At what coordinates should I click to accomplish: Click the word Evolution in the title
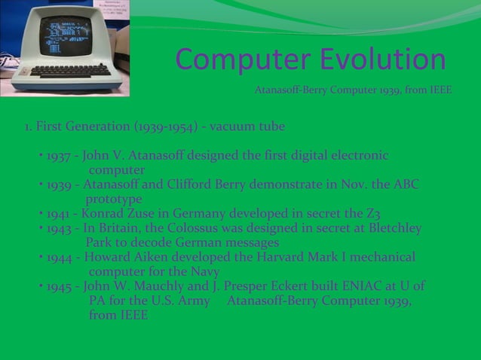tap(382, 60)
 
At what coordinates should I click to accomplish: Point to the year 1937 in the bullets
tap(59, 156)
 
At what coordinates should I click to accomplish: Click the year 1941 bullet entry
tap(59, 214)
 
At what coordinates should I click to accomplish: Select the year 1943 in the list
tap(59, 228)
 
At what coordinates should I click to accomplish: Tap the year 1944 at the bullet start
tap(59, 257)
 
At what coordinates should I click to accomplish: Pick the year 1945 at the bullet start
tap(59, 286)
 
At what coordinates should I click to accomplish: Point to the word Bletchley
tap(391, 228)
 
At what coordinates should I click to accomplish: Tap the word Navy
tap(204, 271)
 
